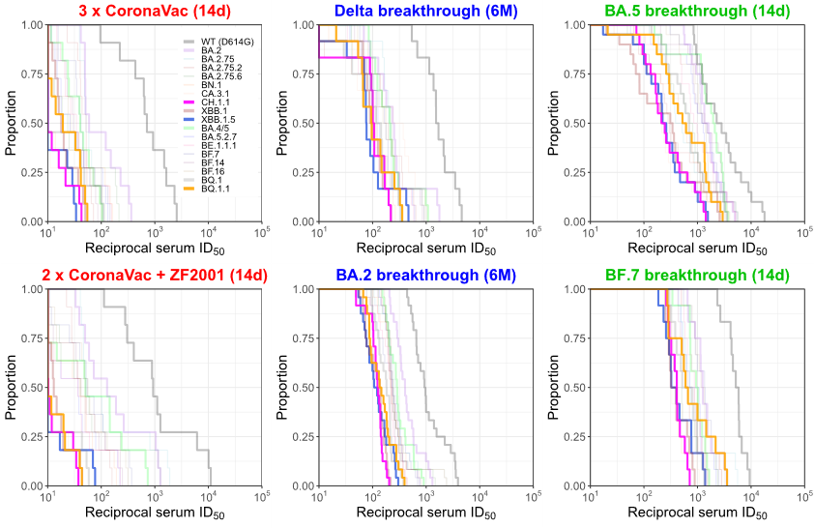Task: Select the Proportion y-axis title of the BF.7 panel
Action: point(554,387)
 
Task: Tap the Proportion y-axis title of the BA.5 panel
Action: point(554,123)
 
